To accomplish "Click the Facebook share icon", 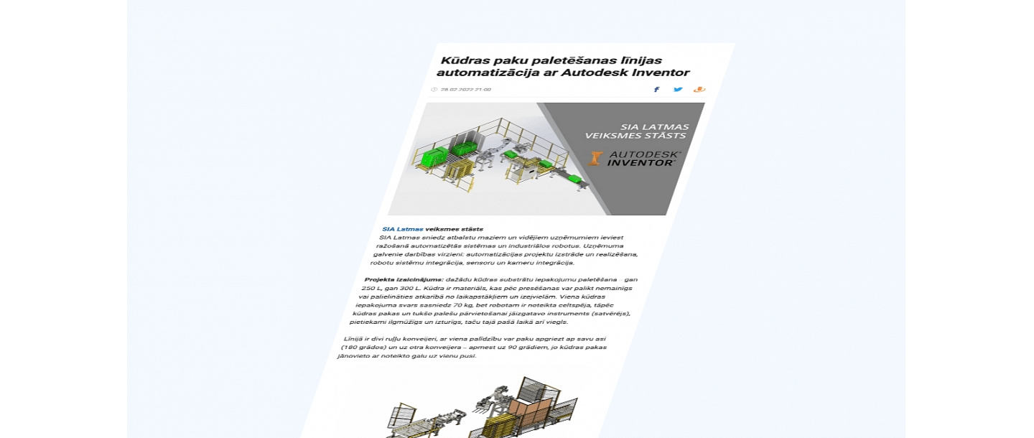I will [x=656, y=90].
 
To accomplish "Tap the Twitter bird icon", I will [x=678, y=90].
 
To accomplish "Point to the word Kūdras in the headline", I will [x=466, y=60].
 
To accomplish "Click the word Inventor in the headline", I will [x=657, y=73].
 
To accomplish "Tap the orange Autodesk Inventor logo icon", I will [x=595, y=158].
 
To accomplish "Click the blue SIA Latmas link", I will [x=402, y=229].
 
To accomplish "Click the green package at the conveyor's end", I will [x=575, y=179].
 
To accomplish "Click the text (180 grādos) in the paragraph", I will [x=363, y=347].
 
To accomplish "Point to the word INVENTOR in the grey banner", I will [x=641, y=163].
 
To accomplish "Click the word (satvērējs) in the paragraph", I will [x=610, y=314].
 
